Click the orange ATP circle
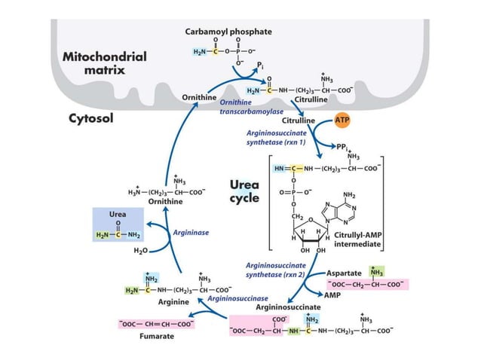342,120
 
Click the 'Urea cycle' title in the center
245,192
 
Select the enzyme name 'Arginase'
191,233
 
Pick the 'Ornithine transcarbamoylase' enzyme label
240,106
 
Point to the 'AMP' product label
332,296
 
